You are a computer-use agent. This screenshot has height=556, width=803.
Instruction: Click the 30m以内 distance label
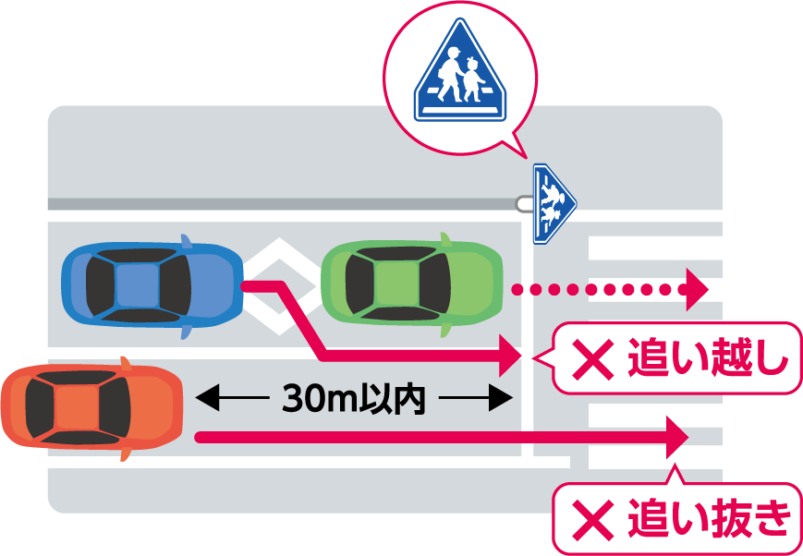(353, 400)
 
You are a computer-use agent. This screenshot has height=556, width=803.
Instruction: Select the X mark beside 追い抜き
(592, 520)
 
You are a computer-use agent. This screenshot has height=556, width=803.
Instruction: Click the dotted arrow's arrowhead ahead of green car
(696, 289)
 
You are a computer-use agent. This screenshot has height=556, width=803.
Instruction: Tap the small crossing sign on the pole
(553, 202)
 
